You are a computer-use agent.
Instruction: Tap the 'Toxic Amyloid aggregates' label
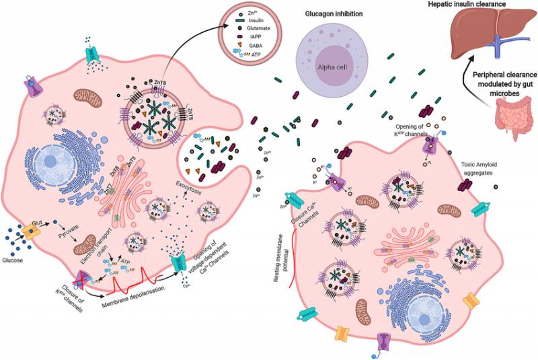(481, 168)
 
